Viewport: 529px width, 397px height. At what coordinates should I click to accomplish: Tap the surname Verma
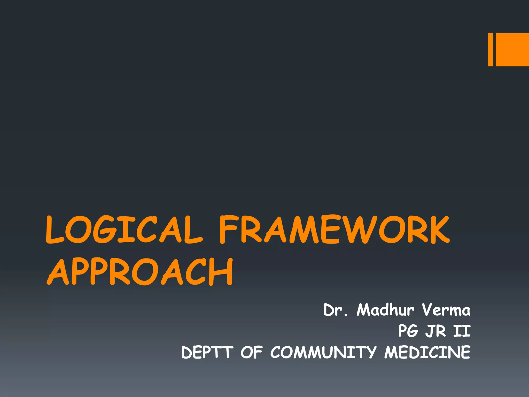tap(446, 310)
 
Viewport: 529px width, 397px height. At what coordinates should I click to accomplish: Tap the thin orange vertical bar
tap(490, 50)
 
